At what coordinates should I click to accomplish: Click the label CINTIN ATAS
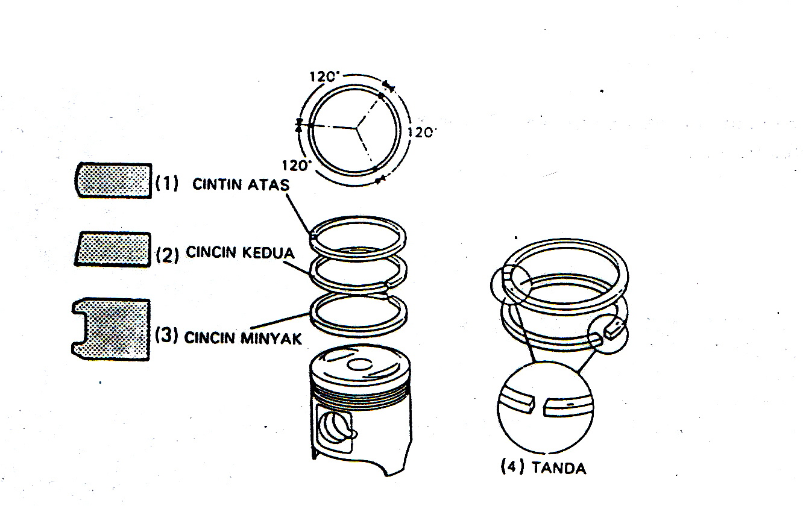tap(240, 184)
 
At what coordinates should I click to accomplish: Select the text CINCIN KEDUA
tap(240, 253)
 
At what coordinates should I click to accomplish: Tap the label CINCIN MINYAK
tap(242, 338)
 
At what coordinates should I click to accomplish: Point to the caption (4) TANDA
tap(543, 467)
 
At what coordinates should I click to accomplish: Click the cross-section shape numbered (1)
tap(113, 180)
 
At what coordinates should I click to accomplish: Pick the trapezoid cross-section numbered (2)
tap(112, 249)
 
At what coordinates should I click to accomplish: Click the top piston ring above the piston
tap(358, 221)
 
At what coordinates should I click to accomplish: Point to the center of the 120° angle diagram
tap(356, 127)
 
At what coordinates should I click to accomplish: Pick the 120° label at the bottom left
tap(295, 165)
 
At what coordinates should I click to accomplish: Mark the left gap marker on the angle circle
tap(298, 125)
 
